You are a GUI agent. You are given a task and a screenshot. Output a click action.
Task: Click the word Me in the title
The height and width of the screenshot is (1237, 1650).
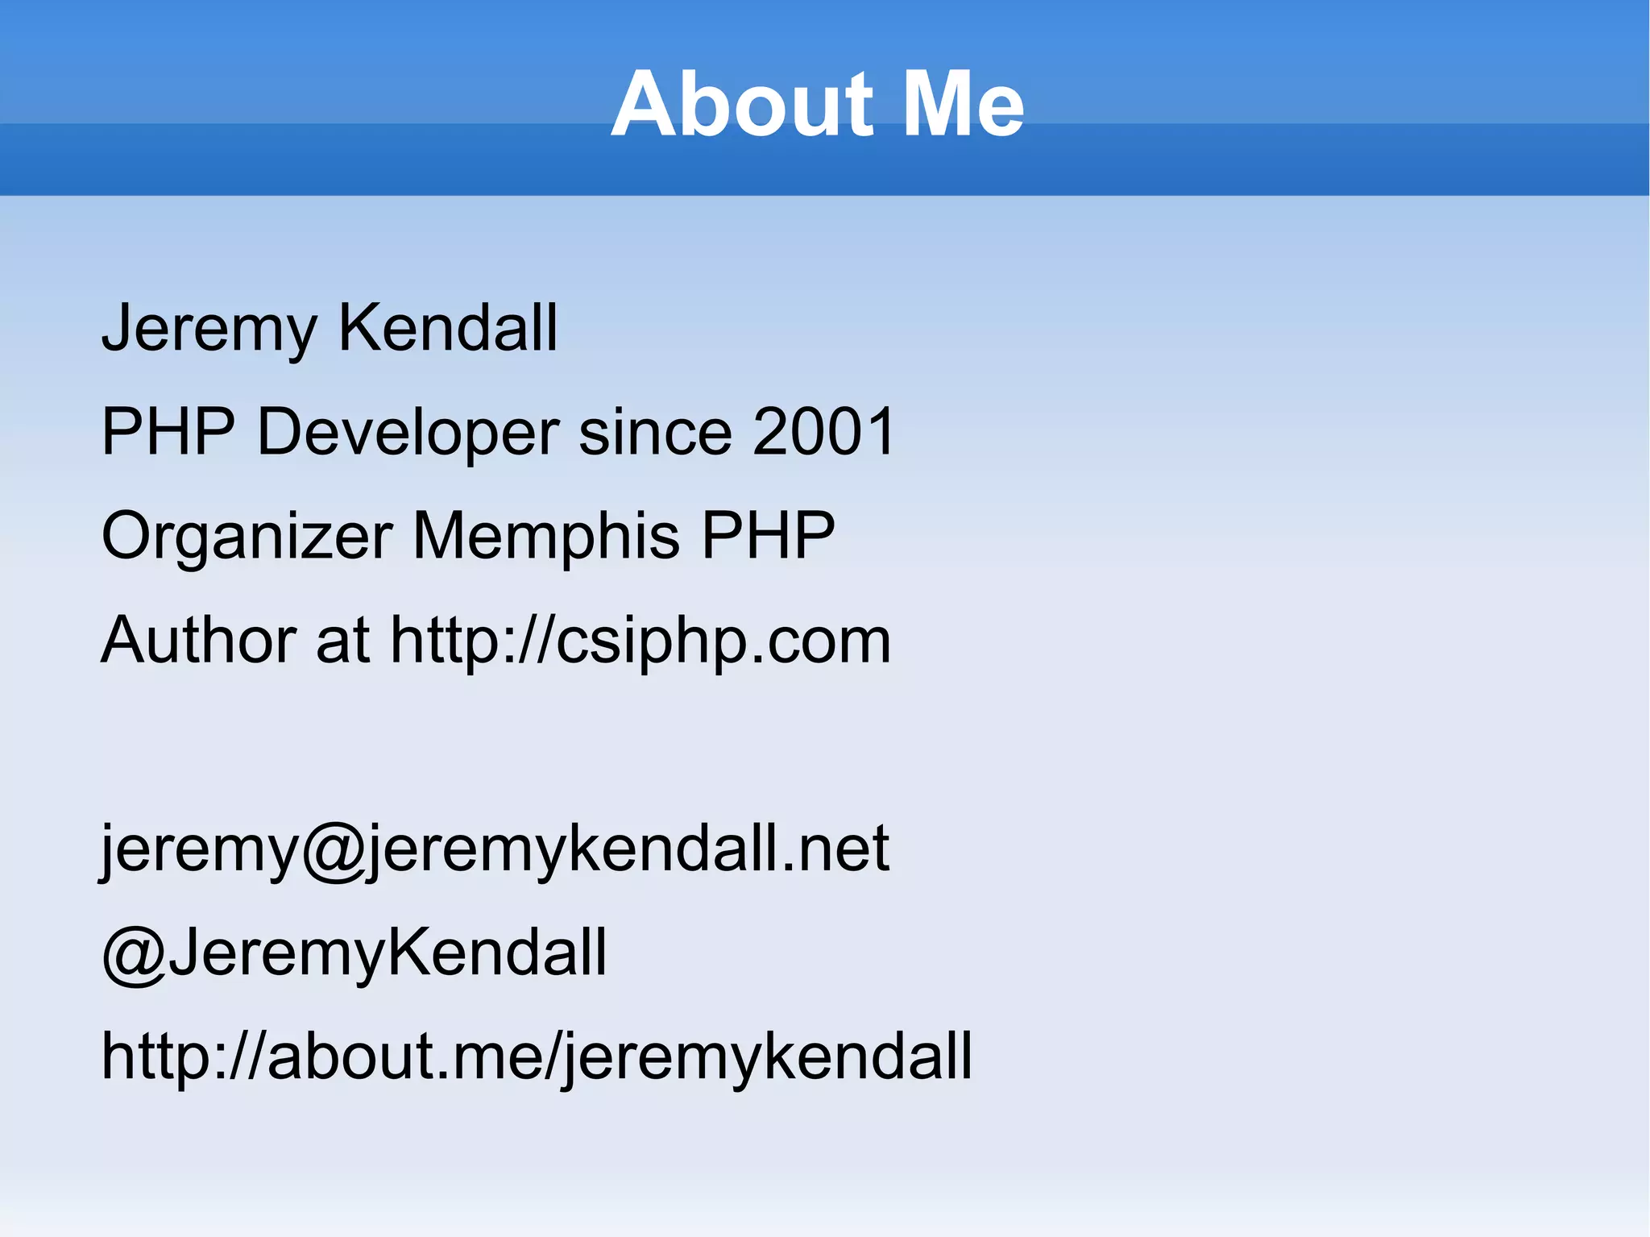[x=963, y=105]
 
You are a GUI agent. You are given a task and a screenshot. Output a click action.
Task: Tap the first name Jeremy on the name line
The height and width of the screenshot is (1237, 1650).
[x=209, y=329]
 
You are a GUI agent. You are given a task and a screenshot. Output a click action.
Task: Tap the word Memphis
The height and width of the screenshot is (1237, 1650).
[x=545, y=537]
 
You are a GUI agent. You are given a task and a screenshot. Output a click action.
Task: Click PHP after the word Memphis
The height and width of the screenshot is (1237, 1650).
[x=768, y=535]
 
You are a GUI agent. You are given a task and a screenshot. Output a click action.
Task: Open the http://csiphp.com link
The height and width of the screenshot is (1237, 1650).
[x=641, y=641]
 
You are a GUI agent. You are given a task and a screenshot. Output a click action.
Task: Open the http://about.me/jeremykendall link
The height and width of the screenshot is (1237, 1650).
[x=537, y=1056]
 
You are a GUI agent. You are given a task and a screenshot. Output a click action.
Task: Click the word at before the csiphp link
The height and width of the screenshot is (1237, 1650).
[x=342, y=640]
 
